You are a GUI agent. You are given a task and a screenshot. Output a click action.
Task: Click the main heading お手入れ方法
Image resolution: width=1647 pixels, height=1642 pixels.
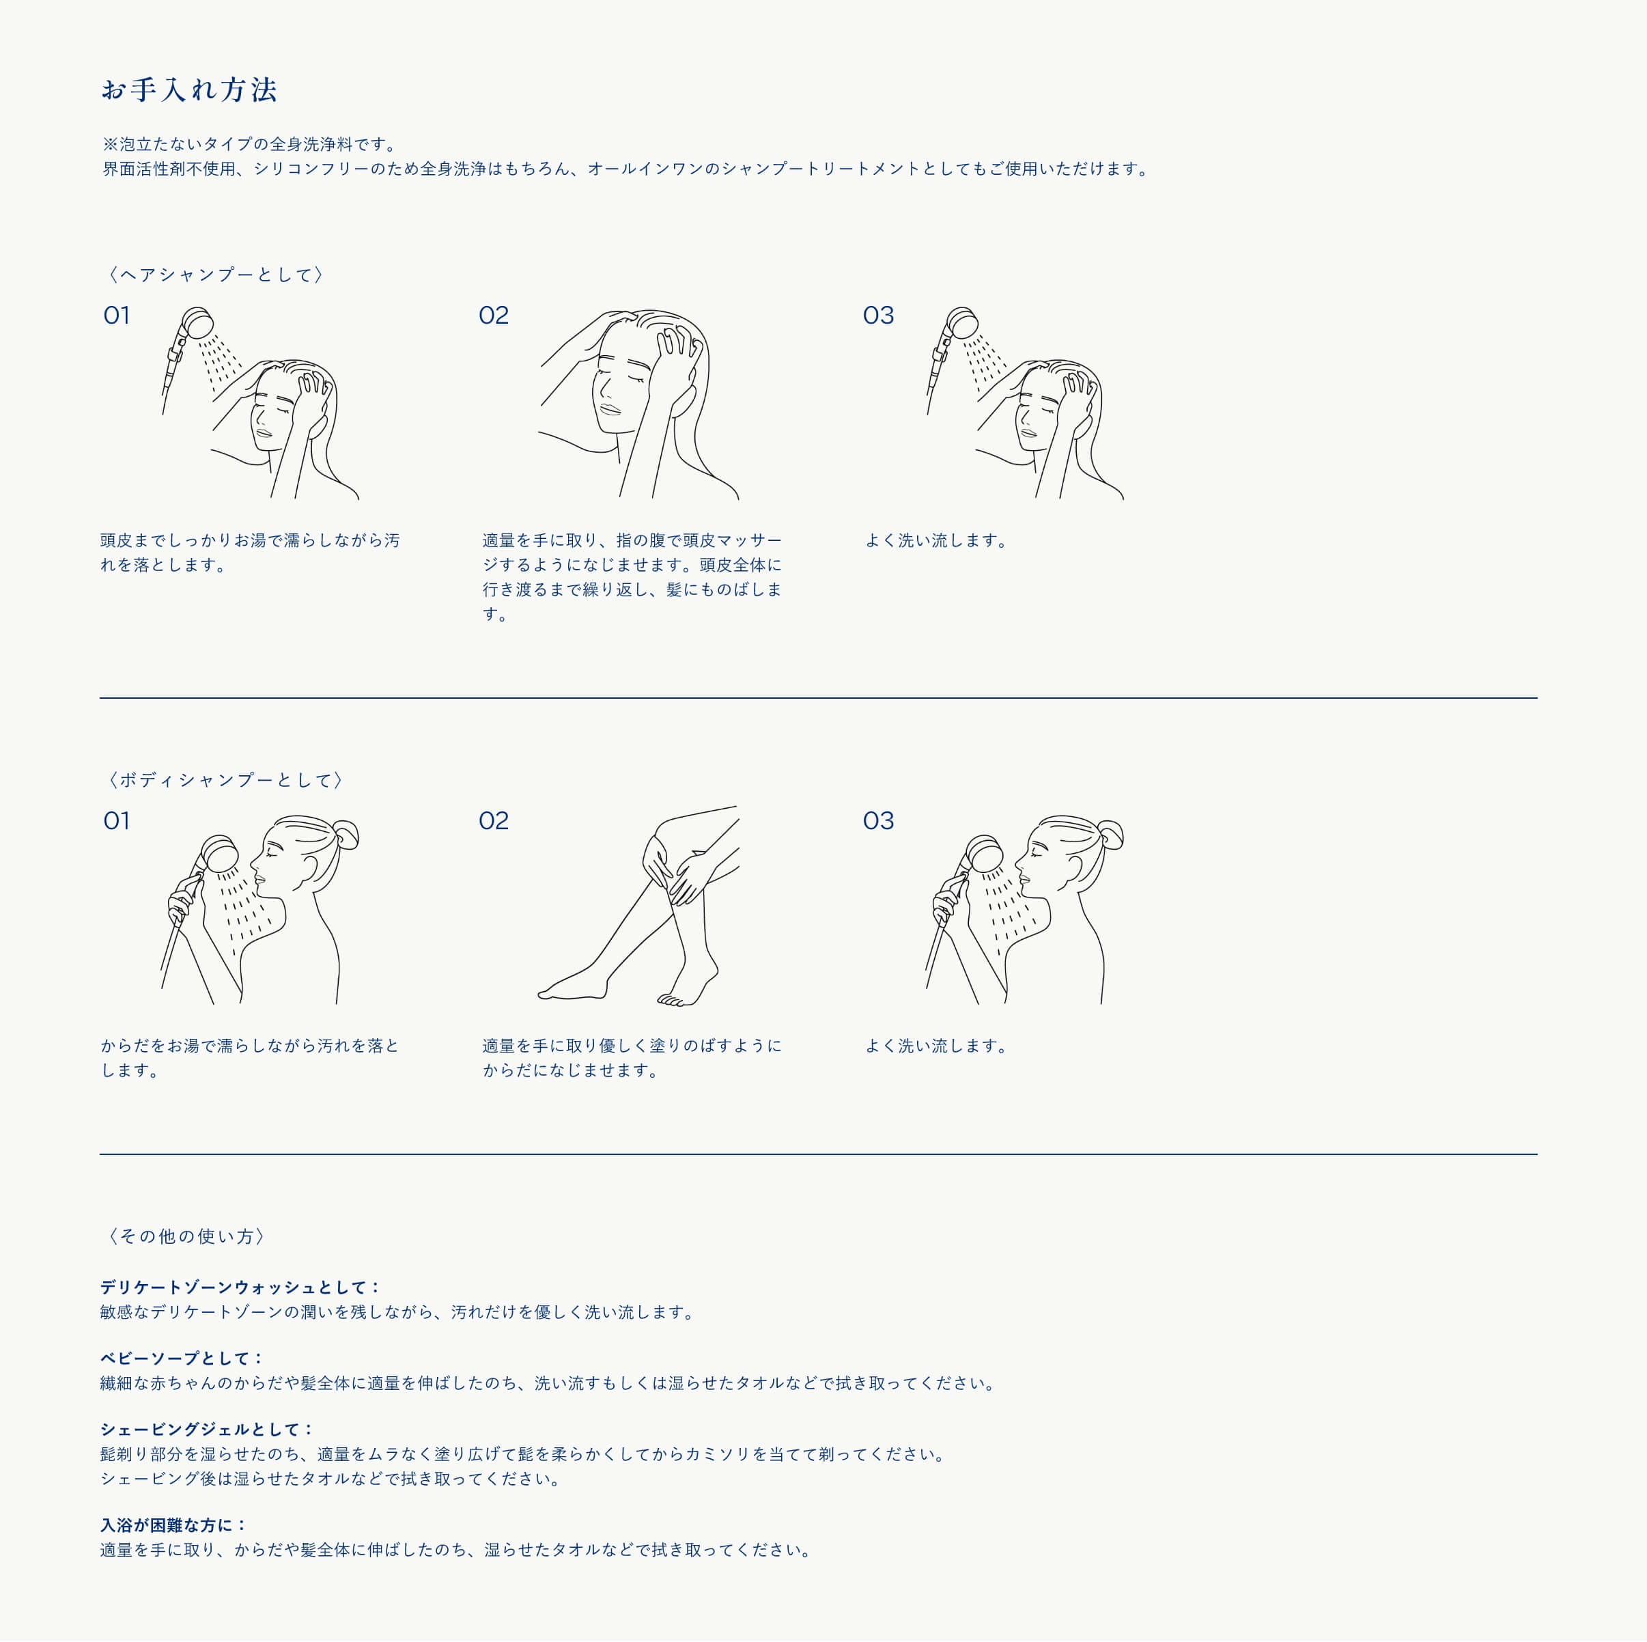point(189,89)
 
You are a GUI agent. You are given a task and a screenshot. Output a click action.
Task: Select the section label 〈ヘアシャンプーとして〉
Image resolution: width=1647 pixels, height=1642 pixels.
point(215,275)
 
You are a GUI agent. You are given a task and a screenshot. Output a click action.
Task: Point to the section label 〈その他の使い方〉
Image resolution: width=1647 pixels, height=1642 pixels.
point(186,1236)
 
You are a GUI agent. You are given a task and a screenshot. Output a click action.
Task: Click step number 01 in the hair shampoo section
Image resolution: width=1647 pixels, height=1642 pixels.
point(117,316)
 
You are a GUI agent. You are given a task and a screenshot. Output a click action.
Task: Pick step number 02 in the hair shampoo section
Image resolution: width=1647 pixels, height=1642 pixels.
point(494,316)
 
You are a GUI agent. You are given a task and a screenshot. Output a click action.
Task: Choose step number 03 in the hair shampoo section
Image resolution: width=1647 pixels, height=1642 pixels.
point(878,316)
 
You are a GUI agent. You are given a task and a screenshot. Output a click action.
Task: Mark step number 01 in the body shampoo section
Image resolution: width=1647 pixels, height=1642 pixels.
point(117,820)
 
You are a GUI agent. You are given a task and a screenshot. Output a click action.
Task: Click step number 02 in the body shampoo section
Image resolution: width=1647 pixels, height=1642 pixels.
point(494,820)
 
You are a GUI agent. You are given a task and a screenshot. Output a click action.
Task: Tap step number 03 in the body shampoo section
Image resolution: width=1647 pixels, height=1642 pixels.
point(878,820)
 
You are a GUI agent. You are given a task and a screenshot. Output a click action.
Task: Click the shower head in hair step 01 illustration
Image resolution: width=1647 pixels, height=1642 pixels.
point(199,323)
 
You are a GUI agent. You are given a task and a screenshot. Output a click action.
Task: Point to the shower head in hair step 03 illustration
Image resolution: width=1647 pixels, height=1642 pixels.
point(963,323)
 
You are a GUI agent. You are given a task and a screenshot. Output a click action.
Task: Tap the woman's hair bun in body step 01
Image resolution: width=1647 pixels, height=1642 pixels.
point(346,834)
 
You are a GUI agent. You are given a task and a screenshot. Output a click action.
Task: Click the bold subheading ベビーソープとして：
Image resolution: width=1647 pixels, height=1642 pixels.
point(182,1358)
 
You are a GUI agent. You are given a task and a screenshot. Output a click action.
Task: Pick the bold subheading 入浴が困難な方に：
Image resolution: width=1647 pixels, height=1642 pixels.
point(174,1525)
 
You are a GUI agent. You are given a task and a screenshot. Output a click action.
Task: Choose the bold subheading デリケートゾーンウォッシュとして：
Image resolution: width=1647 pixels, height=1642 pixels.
point(240,1288)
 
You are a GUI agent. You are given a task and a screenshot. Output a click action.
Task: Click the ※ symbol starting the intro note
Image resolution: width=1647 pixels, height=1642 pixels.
point(110,144)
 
